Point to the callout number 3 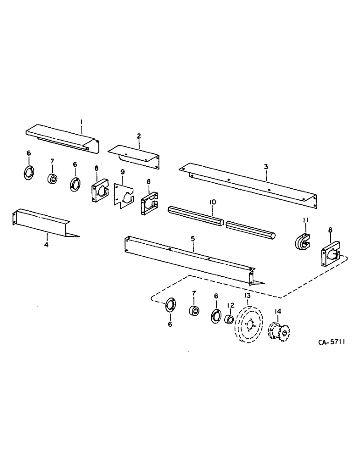(265, 167)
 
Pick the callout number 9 (123, 172)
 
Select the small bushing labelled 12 (229, 320)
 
